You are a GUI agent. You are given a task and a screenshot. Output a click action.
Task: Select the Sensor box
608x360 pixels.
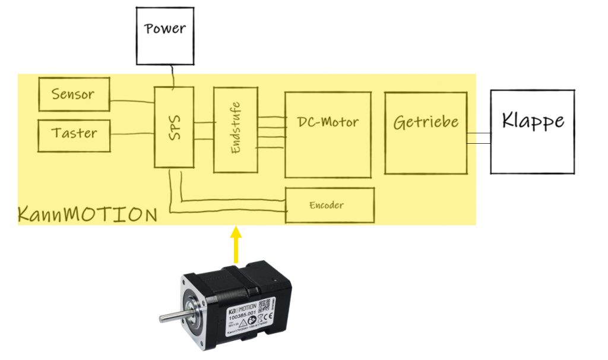coord(74,94)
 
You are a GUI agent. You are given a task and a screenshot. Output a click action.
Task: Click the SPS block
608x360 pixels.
coord(174,127)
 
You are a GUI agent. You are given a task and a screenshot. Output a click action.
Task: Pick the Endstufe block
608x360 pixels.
coord(236,130)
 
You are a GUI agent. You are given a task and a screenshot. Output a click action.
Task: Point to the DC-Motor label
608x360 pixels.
coord(328,122)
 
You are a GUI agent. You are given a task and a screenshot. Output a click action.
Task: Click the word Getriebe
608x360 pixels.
coord(426,122)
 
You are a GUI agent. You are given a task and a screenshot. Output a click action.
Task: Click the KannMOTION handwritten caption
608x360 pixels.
coord(87,214)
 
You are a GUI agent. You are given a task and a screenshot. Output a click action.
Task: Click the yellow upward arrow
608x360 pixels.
coord(236,244)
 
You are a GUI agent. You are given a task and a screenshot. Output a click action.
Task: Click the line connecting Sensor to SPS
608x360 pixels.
coord(132,100)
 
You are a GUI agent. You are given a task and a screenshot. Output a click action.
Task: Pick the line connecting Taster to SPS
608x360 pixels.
coord(132,134)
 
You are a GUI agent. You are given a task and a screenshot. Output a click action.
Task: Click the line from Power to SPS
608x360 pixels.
coord(173,76)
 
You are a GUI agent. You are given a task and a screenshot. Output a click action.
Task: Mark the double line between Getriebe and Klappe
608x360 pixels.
coord(479,138)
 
